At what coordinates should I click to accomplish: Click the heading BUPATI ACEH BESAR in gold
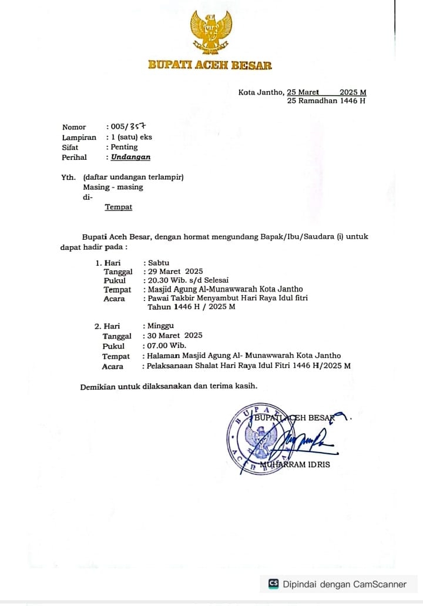(210, 65)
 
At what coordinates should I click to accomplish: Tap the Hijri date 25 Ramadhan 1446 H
(326, 101)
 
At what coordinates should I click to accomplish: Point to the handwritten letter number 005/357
(127, 126)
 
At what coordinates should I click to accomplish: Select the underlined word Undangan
(130, 157)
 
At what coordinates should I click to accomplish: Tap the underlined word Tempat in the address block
(119, 207)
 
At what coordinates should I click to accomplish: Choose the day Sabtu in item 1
(159, 262)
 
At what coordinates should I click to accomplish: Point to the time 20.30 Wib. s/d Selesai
(189, 280)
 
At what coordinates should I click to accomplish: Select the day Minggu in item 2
(160, 326)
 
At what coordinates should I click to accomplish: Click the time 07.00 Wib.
(167, 346)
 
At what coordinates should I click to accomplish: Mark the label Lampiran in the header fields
(79, 137)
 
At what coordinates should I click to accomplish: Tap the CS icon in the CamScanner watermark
(274, 584)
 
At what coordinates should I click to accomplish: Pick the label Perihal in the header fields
(74, 157)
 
